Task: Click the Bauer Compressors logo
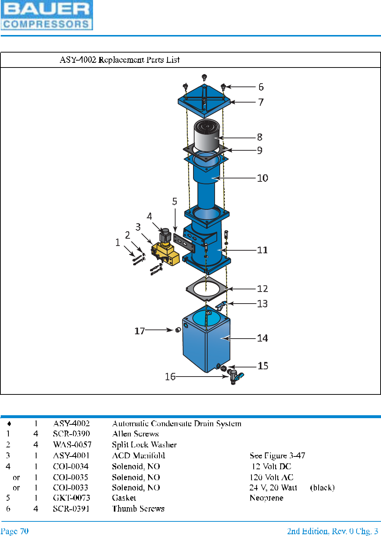[x=47, y=15]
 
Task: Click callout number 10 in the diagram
[x=262, y=178]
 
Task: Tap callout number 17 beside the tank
[x=139, y=331]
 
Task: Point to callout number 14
[x=262, y=338]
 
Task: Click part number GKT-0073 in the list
[x=72, y=498]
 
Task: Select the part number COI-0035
[x=70, y=477]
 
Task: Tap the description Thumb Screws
[x=138, y=509]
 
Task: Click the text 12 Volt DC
[x=271, y=466]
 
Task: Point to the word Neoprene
[x=266, y=498]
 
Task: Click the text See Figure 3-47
[x=277, y=455]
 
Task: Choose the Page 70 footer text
[x=15, y=531]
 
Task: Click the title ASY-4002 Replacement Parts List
[x=120, y=60]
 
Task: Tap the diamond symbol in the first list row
[x=9, y=424]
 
